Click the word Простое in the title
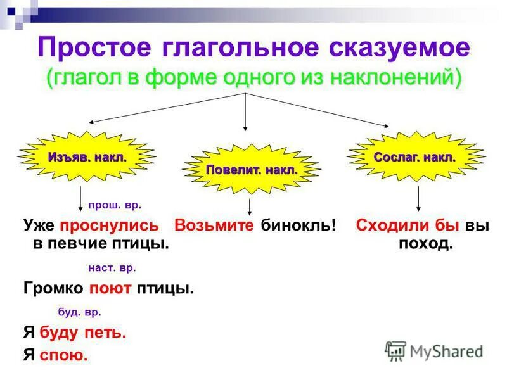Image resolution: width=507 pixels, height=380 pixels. click(x=102, y=49)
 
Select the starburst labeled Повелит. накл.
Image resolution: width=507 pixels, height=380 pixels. click(x=251, y=170)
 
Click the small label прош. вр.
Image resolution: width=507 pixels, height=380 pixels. click(x=114, y=205)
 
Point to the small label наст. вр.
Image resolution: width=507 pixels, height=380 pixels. click(x=112, y=268)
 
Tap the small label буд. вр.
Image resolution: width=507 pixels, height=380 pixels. click(x=79, y=312)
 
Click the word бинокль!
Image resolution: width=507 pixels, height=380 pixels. click(x=297, y=225)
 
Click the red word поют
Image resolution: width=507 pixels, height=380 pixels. click(x=110, y=289)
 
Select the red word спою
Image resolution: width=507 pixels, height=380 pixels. click(x=63, y=355)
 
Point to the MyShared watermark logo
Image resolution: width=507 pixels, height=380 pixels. click(x=435, y=351)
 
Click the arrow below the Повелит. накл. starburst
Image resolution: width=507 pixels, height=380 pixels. click(x=251, y=207)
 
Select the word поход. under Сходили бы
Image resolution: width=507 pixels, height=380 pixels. click(x=425, y=244)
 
